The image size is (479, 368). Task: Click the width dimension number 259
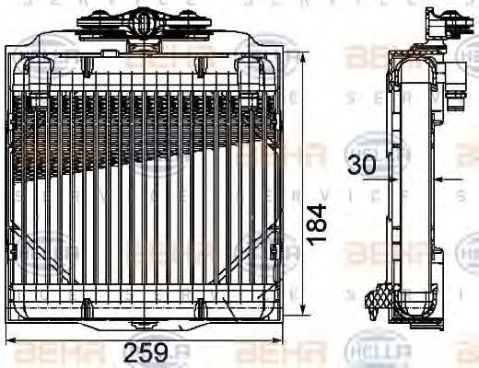point(146,352)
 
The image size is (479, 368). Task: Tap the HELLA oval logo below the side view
point(366,350)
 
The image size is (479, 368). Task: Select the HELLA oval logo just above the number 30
point(368,145)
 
